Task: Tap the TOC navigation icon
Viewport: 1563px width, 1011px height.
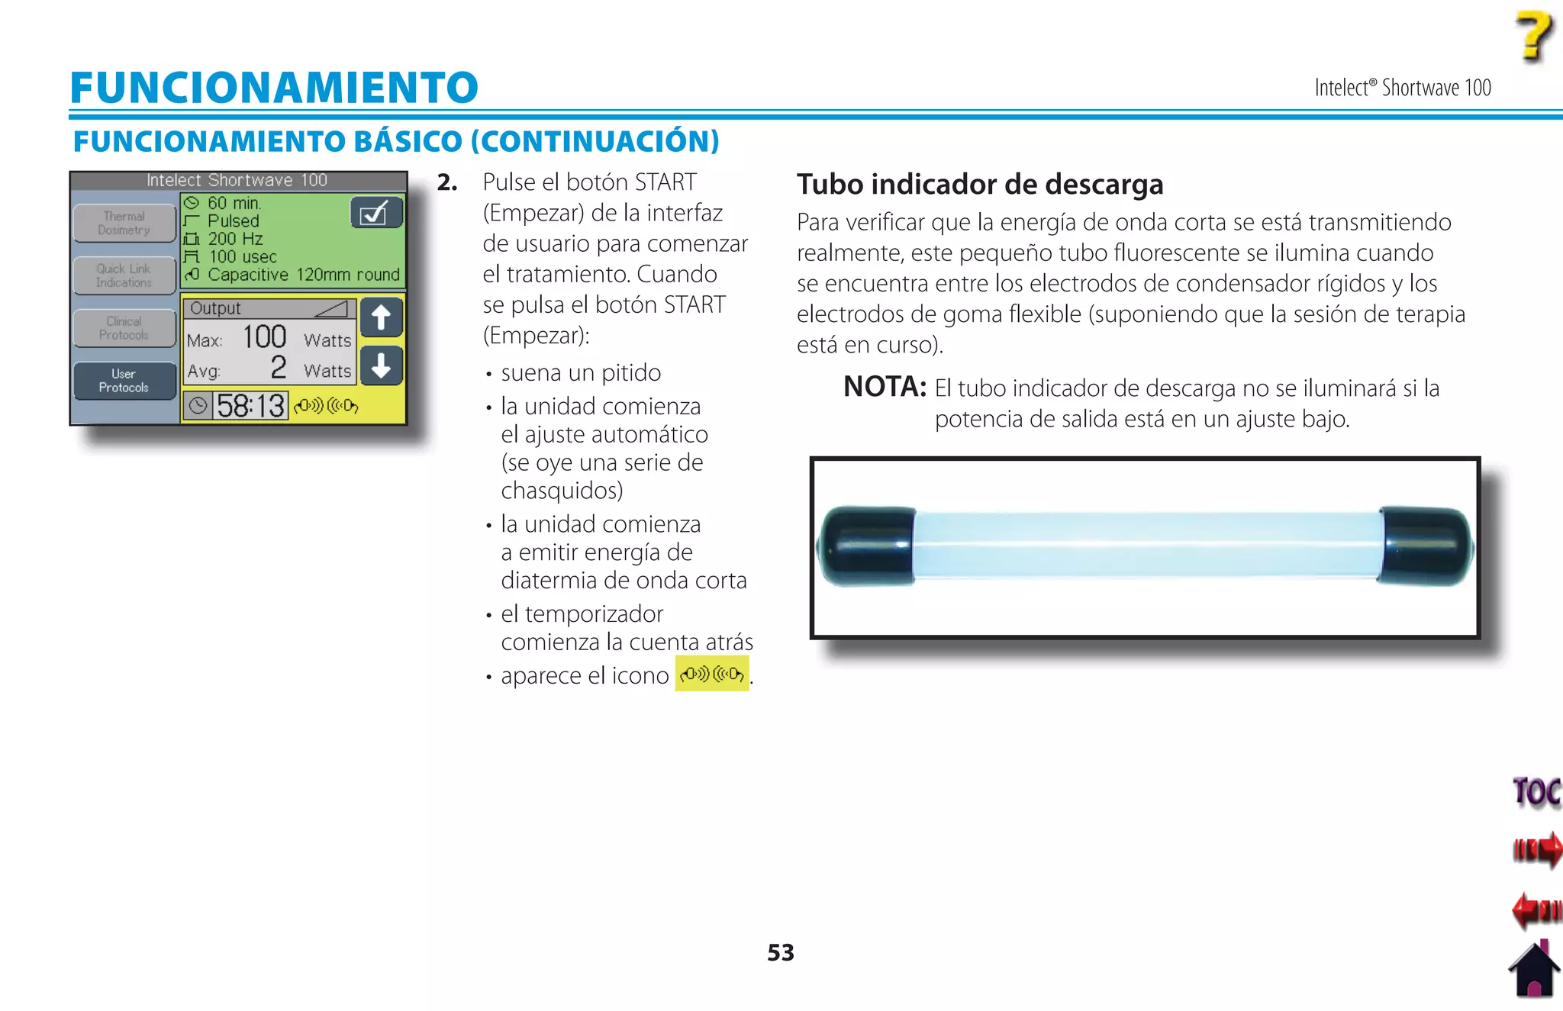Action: pos(1536,792)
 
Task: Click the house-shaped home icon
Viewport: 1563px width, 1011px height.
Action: pos(1535,970)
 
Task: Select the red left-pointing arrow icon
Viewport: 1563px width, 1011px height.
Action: pos(1536,910)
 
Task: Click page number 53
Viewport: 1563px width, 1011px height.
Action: pos(780,952)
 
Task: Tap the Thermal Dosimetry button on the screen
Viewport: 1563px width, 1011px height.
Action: pos(124,223)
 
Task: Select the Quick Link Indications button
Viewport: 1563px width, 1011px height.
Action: pos(124,275)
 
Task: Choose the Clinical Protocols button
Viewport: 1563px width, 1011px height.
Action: pos(124,328)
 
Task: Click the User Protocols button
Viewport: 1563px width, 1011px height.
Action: pos(124,381)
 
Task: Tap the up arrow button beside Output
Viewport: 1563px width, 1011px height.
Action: pos(381,317)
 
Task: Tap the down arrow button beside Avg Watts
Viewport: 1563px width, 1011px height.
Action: pos(381,365)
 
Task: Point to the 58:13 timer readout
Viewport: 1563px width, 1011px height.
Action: pos(250,406)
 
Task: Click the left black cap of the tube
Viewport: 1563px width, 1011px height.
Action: pos(867,546)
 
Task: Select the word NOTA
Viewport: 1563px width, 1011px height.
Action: pos(884,387)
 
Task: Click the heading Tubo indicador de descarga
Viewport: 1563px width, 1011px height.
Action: pos(980,185)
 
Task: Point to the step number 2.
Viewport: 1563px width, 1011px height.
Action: pos(447,182)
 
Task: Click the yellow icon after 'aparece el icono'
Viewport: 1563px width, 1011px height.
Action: pos(712,675)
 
